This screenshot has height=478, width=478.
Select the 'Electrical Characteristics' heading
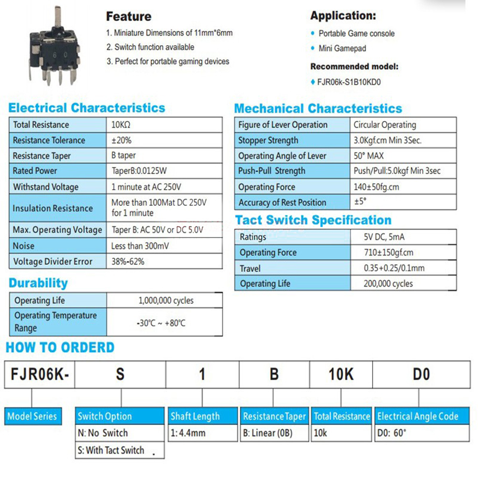tap(86, 108)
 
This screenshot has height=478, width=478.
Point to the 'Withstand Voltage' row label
tap(46, 187)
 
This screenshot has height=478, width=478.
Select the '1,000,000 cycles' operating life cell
tap(165, 301)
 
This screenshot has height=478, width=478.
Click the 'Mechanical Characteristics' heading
tap(318, 108)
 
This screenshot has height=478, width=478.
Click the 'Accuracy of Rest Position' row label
tap(282, 202)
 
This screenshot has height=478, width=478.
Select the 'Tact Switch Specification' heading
tap(313, 220)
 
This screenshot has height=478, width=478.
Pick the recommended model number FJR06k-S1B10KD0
tap(349, 82)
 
